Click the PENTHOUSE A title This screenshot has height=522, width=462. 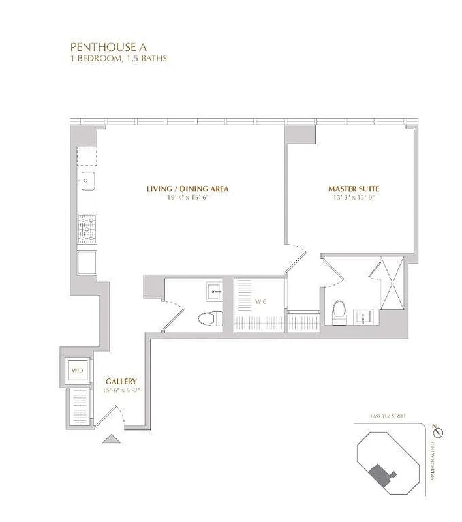coord(104,47)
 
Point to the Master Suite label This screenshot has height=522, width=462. coord(353,189)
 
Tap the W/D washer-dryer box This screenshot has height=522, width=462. coord(77,372)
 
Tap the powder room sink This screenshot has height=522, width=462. coord(213,291)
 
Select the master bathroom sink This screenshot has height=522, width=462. coord(364,317)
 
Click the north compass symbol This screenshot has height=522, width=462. coord(438,433)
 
